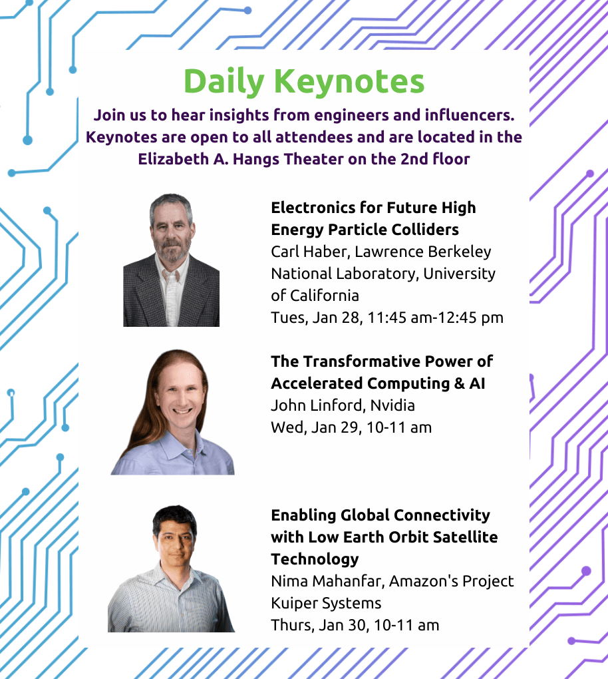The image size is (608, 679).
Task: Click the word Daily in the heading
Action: coord(224,82)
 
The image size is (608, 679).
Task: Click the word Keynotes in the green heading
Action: coord(349,81)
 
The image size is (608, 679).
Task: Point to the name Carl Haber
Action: coord(310,252)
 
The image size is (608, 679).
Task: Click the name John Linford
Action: coord(318,405)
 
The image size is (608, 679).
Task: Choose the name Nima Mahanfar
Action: coord(327,581)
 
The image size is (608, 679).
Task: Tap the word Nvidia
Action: coord(392,405)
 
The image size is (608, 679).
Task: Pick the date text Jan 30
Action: coord(344,625)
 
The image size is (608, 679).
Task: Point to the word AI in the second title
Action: coord(477,383)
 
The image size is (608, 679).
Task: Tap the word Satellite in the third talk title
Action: coord(465,537)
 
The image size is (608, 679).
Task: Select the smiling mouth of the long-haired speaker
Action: coord(182,411)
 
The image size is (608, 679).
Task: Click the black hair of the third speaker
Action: coord(174,518)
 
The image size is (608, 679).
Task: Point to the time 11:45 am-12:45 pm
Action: coord(435,318)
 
